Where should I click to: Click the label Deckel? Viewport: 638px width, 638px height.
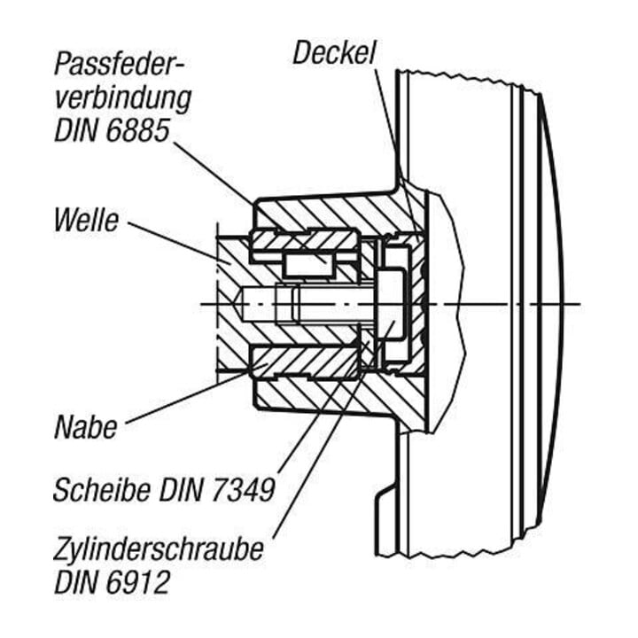[x=334, y=52]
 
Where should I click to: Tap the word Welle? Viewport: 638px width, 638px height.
[x=86, y=220]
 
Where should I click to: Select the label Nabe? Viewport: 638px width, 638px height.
[x=85, y=427]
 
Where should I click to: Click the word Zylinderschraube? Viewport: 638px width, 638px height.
[x=159, y=550]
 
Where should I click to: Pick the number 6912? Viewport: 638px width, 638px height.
[x=137, y=582]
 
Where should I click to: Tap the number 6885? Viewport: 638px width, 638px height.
[x=137, y=129]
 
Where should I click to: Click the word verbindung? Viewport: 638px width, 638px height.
[x=122, y=98]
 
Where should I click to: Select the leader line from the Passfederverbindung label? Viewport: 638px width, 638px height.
[x=214, y=173]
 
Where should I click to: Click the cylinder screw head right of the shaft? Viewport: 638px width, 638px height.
[x=392, y=304]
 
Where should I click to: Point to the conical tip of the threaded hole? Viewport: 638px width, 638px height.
[x=239, y=304]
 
